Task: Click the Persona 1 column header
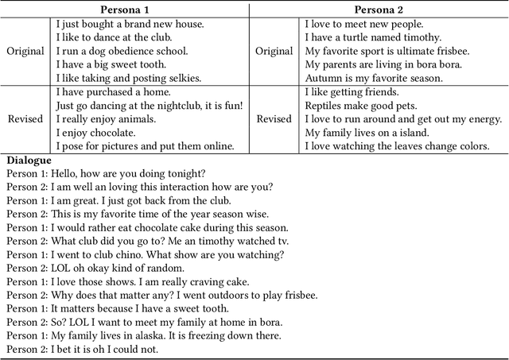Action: tap(130, 9)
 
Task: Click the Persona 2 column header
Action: tap(376, 9)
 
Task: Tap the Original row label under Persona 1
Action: tap(25, 51)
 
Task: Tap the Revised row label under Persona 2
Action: tap(274, 118)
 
